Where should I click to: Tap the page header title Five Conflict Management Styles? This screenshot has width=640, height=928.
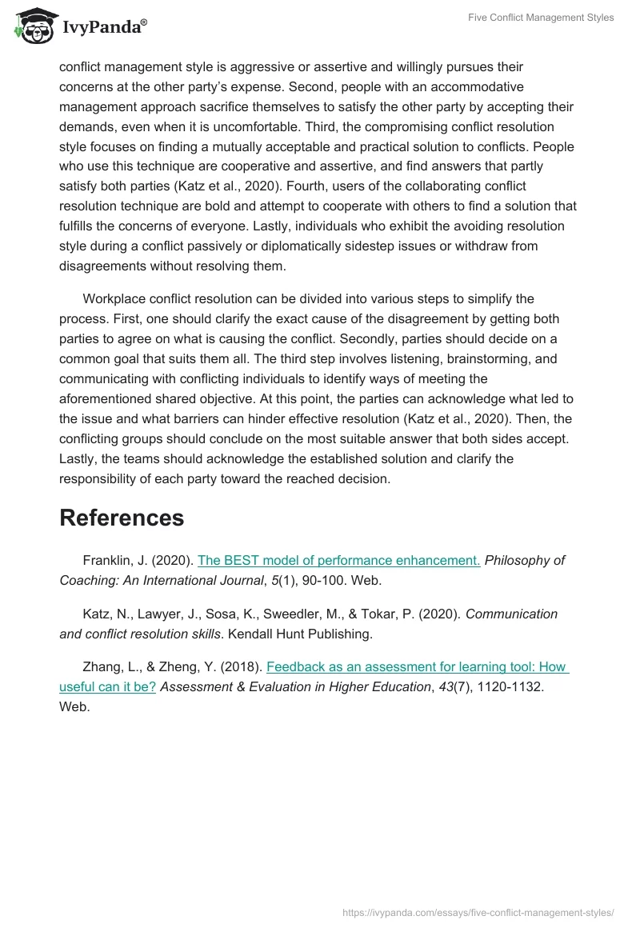click(541, 18)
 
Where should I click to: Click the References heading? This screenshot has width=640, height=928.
click(122, 518)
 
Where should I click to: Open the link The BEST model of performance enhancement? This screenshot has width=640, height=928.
click(338, 560)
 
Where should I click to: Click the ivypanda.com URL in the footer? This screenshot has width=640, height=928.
click(478, 912)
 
